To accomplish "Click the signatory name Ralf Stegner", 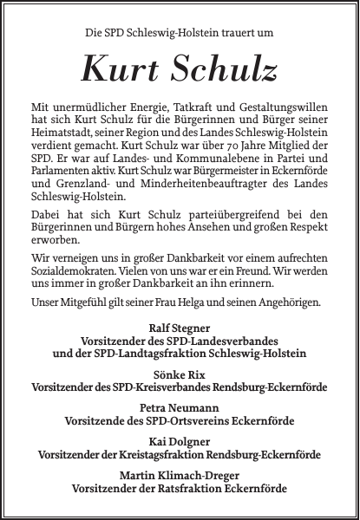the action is pyautogui.click(x=179, y=329).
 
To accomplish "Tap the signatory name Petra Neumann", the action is pyautogui.click(x=179, y=406).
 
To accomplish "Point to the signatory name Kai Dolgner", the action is pyautogui.click(x=179, y=440).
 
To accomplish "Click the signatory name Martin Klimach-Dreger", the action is pyautogui.click(x=179, y=475).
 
